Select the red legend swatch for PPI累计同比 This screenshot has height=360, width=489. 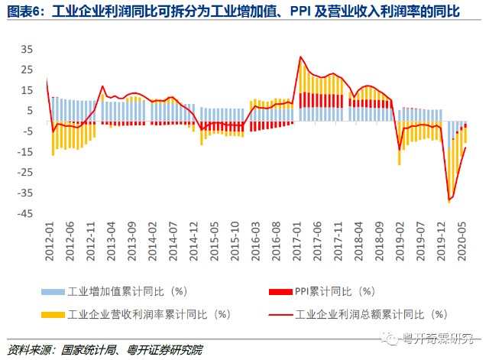click(x=277, y=292)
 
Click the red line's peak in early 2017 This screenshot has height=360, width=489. click(x=300, y=57)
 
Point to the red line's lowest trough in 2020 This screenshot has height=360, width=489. click(x=449, y=200)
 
